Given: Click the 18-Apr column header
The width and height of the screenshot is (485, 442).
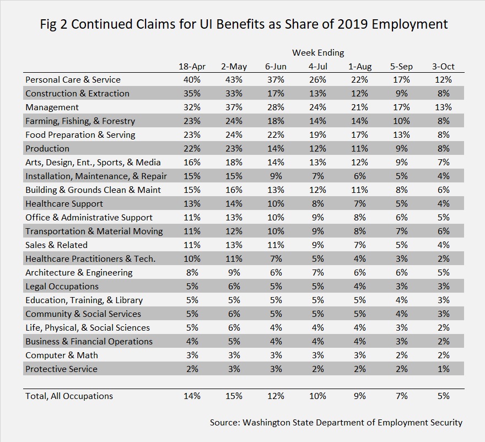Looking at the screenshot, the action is [192, 67].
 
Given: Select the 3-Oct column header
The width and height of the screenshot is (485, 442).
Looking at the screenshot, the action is [443, 67].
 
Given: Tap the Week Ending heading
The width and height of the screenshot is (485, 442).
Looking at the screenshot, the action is [318, 53].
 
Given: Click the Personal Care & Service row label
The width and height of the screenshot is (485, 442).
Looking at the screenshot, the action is [73, 80].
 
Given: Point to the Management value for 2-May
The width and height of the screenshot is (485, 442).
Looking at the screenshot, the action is [234, 107].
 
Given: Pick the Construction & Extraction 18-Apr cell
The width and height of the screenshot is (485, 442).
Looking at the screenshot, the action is [192, 93].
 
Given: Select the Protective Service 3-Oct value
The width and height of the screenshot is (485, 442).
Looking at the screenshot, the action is [443, 369].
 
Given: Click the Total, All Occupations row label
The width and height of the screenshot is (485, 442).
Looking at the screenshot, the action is [69, 396].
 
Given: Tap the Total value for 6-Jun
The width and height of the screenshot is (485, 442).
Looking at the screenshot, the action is [276, 396].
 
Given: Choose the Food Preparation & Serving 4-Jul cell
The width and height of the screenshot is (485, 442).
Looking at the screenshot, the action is [317, 135].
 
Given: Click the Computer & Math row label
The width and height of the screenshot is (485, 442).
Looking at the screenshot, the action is [62, 355].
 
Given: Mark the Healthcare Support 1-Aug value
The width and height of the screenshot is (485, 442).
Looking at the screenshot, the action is [359, 204].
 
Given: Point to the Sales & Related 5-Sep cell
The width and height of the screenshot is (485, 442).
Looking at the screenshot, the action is [401, 245].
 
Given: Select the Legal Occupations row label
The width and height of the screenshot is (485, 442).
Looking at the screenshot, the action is [62, 287].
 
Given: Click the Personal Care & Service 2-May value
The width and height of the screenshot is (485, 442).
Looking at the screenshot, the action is [234, 80].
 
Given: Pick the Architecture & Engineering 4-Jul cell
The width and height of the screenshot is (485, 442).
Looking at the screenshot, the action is [317, 272].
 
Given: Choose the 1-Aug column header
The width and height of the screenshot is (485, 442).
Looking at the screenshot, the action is [360, 67].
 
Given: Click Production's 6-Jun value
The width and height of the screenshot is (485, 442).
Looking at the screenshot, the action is [276, 149].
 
